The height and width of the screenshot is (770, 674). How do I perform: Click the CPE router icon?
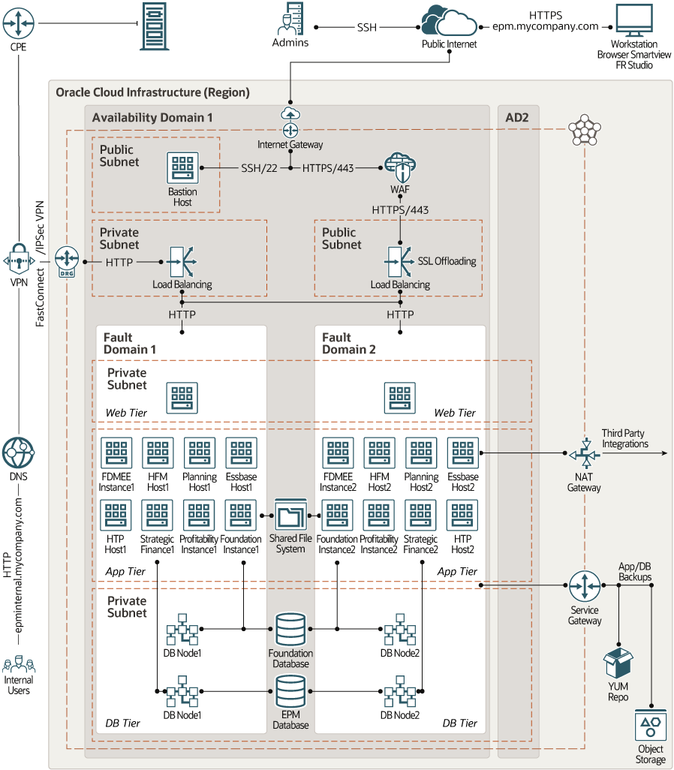[18, 23]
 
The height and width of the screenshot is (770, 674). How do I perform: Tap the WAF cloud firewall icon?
[399, 166]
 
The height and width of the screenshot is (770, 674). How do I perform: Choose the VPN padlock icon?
[17, 262]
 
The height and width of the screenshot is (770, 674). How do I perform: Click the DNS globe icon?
[18, 453]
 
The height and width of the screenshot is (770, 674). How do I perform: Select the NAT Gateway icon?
[583, 454]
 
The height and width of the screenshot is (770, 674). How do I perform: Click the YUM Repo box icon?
[618, 663]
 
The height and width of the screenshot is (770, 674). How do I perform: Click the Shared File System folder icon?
[290, 517]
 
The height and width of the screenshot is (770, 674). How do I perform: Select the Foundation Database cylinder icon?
[290, 629]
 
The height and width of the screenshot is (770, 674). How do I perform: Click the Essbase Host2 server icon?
[462, 453]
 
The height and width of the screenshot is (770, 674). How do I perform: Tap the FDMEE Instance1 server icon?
[116, 453]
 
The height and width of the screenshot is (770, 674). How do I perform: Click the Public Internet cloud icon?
[449, 20]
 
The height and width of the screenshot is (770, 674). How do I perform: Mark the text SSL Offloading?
[447, 261]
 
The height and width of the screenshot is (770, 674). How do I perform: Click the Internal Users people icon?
[19, 665]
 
